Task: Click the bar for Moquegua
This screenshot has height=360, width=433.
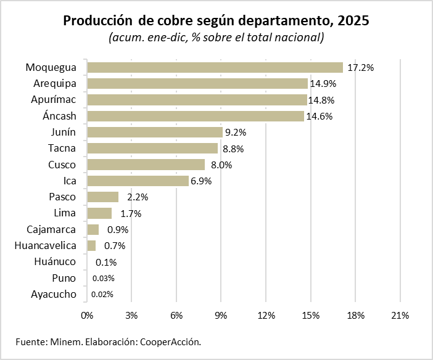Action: [215, 67]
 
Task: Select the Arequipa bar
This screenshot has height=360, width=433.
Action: [197, 83]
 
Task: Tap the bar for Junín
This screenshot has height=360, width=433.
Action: [155, 132]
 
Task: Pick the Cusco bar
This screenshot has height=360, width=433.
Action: [146, 165]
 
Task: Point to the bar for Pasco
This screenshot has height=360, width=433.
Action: [103, 197]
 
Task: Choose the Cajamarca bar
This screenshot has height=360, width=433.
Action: [93, 229]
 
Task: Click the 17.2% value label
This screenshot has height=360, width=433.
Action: [361, 67]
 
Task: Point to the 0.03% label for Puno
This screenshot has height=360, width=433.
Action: [103, 278]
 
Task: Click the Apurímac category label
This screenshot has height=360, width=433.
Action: [54, 99]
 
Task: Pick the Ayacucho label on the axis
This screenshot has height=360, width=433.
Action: [54, 294]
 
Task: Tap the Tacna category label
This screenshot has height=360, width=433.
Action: [62, 148]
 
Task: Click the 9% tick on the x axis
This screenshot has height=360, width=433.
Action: [221, 316]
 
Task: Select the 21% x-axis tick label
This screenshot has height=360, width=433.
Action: [400, 316]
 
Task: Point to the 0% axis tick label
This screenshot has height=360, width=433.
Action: [87, 316]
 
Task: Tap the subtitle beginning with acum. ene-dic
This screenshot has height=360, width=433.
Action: [216, 38]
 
